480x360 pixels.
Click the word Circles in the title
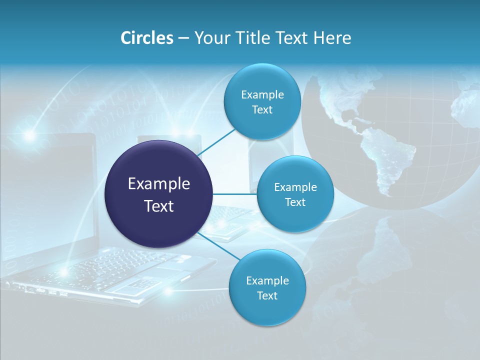(147, 37)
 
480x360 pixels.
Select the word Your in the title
(213, 37)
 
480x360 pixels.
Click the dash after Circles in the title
(183, 38)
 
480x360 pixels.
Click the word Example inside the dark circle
(159, 184)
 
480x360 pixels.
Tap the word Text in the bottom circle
(267, 296)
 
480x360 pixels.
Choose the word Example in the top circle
(262, 95)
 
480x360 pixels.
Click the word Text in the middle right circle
(295, 202)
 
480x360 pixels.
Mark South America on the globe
(393, 160)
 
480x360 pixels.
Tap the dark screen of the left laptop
(50, 190)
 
